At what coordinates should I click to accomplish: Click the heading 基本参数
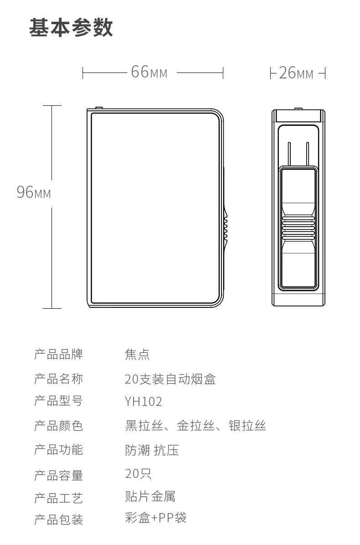(71, 28)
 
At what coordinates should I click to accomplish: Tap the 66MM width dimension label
(149, 72)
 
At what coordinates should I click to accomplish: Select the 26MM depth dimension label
(296, 73)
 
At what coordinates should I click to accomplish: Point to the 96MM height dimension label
(34, 192)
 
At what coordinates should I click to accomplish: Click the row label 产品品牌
(58, 354)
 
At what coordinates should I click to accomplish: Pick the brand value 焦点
(137, 354)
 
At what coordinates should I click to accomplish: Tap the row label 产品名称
(58, 379)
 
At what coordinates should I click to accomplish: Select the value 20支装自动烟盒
(170, 379)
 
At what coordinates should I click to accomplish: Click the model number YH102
(144, 402)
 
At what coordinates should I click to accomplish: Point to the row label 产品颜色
(58, 426)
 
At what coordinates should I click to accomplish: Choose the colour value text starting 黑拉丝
(195, 426)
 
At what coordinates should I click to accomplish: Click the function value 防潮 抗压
(152, 450)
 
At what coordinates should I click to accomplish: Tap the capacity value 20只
(138, 474)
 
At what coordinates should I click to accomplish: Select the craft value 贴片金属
(150, 496)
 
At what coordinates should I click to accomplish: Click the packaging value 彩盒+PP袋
(155, 518)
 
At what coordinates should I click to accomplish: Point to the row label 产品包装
(58, 519)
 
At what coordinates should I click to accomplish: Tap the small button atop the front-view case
(98, 108)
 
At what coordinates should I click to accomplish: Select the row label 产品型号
(58, 402)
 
